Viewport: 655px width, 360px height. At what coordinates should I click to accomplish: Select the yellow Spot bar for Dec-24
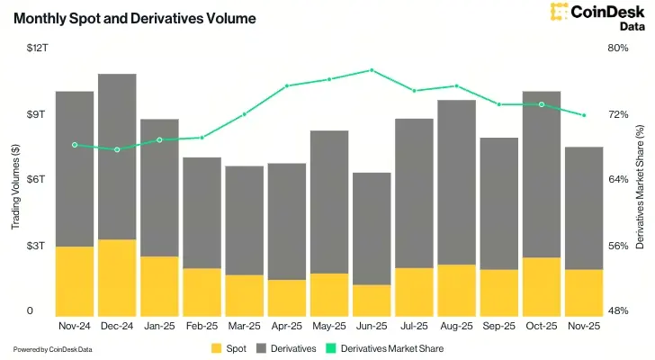click(x=117, y=276)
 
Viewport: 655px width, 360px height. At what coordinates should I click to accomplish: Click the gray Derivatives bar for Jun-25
click(x=372, y=229)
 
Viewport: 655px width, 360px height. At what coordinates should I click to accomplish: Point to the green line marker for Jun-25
click(x=372, y=70)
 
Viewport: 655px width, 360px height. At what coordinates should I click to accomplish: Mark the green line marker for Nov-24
click(x=75, y=145)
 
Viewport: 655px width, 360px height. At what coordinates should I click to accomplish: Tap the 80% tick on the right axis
click(x=618, y=48)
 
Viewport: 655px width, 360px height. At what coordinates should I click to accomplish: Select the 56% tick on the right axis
click(x=618, y=245)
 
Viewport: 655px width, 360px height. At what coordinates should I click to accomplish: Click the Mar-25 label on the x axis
click(x=244, y=325)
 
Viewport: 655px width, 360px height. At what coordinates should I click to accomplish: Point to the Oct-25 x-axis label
click(x=541, y=325)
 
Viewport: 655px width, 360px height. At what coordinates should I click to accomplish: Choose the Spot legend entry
click(x=229, y=347)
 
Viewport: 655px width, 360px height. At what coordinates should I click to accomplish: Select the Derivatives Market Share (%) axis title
click(x=640, y=180)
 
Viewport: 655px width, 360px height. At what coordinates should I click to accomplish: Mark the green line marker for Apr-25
click(x=286, y=86)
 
